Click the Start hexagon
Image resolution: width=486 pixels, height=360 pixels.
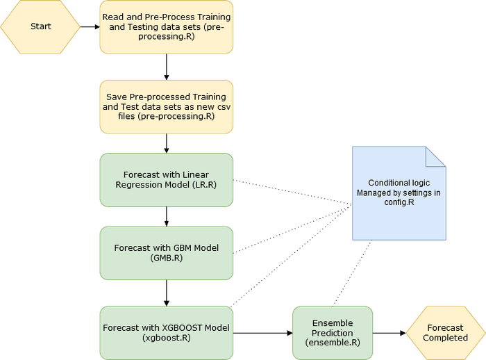(x=40, y=27)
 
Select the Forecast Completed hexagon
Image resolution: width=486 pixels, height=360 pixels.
(x=445, y=332)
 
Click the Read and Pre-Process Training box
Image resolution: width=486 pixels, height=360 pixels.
(x=167, y=27)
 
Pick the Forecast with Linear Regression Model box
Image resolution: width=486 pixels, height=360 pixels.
(x=167, y=179)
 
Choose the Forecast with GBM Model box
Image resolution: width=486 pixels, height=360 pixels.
(x=167, y=252)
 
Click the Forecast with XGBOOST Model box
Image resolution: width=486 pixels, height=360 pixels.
(x=167, y=332)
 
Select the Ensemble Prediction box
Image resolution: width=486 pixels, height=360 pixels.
(x=333, y=332)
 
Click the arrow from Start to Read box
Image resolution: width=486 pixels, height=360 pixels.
(x=90, y=27)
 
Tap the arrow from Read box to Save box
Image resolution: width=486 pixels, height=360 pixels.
(x=167, y=67)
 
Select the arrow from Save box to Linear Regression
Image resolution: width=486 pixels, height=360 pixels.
(x=167, y=142)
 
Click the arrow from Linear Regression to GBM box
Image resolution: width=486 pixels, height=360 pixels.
(x=167, y=215)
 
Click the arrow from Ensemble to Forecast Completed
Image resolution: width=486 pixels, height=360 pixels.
(x=389, y=333)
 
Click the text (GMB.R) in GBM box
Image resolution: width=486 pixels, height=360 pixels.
(x=166, y=257)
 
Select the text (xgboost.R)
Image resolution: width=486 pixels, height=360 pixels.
(x=166, y=338)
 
